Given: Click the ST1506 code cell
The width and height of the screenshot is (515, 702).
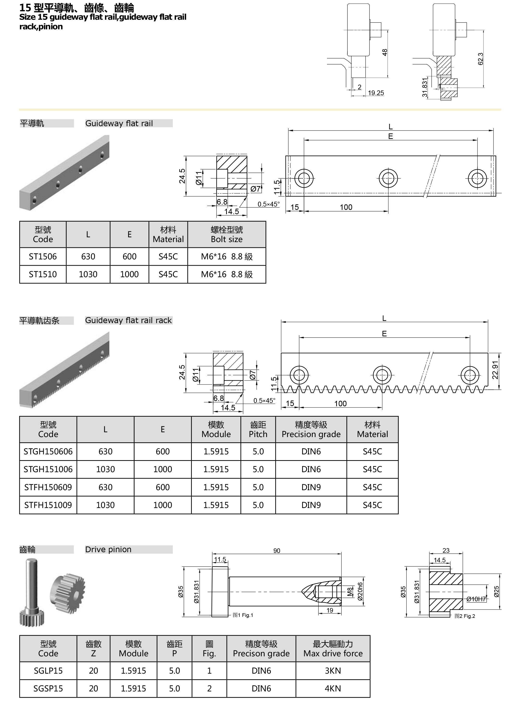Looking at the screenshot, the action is click(43, 257).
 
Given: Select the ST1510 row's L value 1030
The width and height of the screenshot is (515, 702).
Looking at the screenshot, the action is click(88, 275).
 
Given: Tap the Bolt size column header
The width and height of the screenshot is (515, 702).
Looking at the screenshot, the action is click(227, 234).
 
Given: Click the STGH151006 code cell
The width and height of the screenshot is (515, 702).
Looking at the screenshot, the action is click(48, 469).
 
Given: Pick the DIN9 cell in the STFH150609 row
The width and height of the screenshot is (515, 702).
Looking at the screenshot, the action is click(311, 487).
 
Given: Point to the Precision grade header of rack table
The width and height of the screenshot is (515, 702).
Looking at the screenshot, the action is click(311, 429).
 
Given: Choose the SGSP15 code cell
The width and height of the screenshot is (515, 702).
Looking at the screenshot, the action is click(48, 689).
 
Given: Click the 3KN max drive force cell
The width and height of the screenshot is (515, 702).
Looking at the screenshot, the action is click(333, 671).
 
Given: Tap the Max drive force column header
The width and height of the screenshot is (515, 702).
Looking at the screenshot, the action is click(333, 649).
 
